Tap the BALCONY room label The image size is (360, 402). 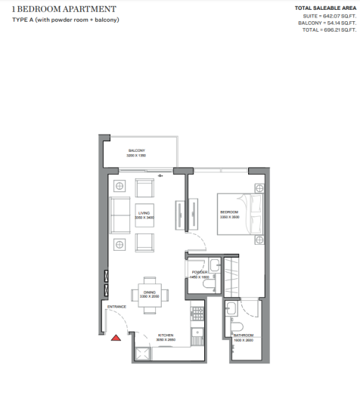click(137, 151)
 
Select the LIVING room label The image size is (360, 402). click(144, 215)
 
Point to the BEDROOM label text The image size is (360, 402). click(228, 212)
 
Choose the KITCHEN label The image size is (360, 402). click(166, 336)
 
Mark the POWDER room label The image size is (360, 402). click(200, 272)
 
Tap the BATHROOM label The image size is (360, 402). click(243, 335)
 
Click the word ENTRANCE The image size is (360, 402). click(116, 306)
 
